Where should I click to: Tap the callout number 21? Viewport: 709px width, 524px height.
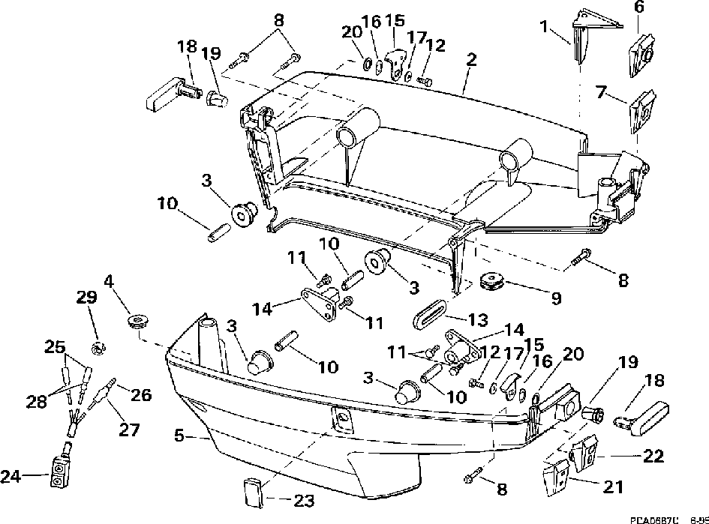click(613, 486)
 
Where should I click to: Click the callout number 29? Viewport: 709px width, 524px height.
click(87, 297)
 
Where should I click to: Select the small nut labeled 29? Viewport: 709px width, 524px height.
click(97, 347)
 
